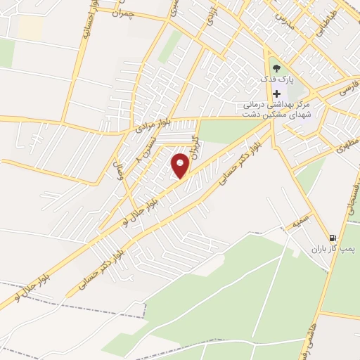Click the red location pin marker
[181, 166]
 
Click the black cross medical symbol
[276, 94]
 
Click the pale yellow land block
[30, 27]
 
